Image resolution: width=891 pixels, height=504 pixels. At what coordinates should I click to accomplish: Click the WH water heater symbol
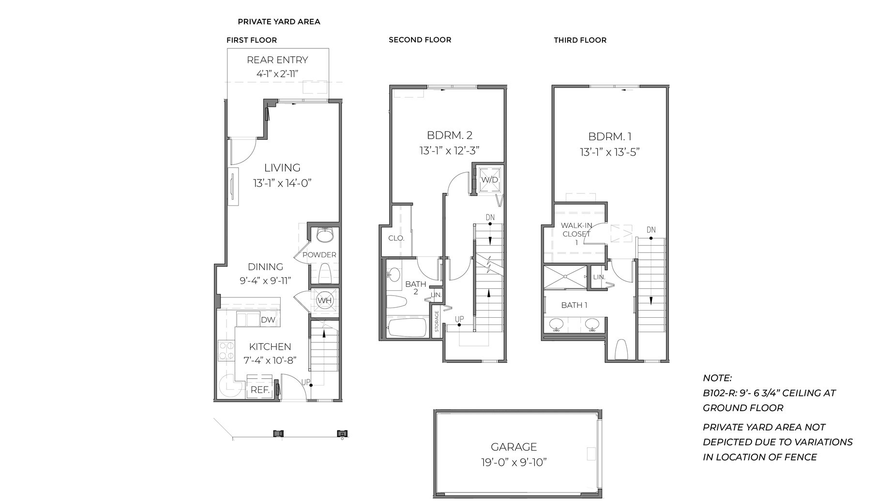[324, 300]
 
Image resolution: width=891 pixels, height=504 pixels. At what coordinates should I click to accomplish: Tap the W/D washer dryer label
[489, 180]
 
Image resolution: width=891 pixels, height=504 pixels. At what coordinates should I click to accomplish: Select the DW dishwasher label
[268, 320]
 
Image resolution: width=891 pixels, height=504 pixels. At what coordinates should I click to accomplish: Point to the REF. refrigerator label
[260, 390]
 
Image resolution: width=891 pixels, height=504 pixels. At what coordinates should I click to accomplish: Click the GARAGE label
[513, 447]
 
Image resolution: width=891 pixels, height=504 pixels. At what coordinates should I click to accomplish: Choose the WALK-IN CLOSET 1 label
[576, 234]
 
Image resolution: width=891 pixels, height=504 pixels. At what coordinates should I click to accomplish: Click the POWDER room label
[319, 255]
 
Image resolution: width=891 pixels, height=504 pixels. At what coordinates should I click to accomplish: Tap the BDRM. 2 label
[449, 135]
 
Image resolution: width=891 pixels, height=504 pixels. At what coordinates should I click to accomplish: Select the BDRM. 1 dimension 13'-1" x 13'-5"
[610, 152]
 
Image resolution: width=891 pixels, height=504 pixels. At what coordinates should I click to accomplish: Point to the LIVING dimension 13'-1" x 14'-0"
[282, 183]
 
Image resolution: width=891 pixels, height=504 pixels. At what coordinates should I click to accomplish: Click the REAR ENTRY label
[277, 60]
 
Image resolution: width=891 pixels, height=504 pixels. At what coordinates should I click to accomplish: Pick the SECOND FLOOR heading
[420, 40]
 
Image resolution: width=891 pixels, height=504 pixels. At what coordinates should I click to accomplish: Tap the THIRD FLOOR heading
[580, 40]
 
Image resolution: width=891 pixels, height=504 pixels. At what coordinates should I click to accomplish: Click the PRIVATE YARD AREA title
[279, 22]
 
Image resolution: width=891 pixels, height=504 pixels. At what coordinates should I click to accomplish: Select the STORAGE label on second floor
[437, 321]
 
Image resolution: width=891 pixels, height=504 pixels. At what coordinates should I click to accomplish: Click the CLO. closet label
[396, 238]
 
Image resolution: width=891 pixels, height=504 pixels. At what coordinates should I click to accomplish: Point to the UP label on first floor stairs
[306, 382]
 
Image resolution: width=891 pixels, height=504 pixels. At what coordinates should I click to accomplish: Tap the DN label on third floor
[651, 230]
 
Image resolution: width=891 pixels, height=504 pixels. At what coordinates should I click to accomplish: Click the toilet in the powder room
[324, 273]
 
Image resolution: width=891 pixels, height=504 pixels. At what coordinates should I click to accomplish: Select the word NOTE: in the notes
[717, 378]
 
